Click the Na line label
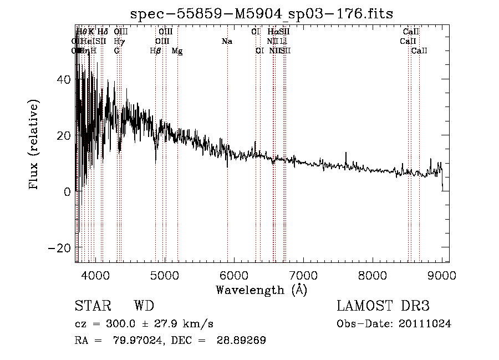(226, 42)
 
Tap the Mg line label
(177, 51)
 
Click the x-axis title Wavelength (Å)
(261, 290)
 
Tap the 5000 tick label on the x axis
(165, 275)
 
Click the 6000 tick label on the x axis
(234, 275)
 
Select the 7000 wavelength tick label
(303, 275)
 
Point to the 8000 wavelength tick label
(373, 275)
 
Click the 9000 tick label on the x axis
(442, 275)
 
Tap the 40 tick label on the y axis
(64, 80)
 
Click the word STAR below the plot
(92, 307)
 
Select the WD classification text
(144, 307)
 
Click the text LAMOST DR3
(383, 307)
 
